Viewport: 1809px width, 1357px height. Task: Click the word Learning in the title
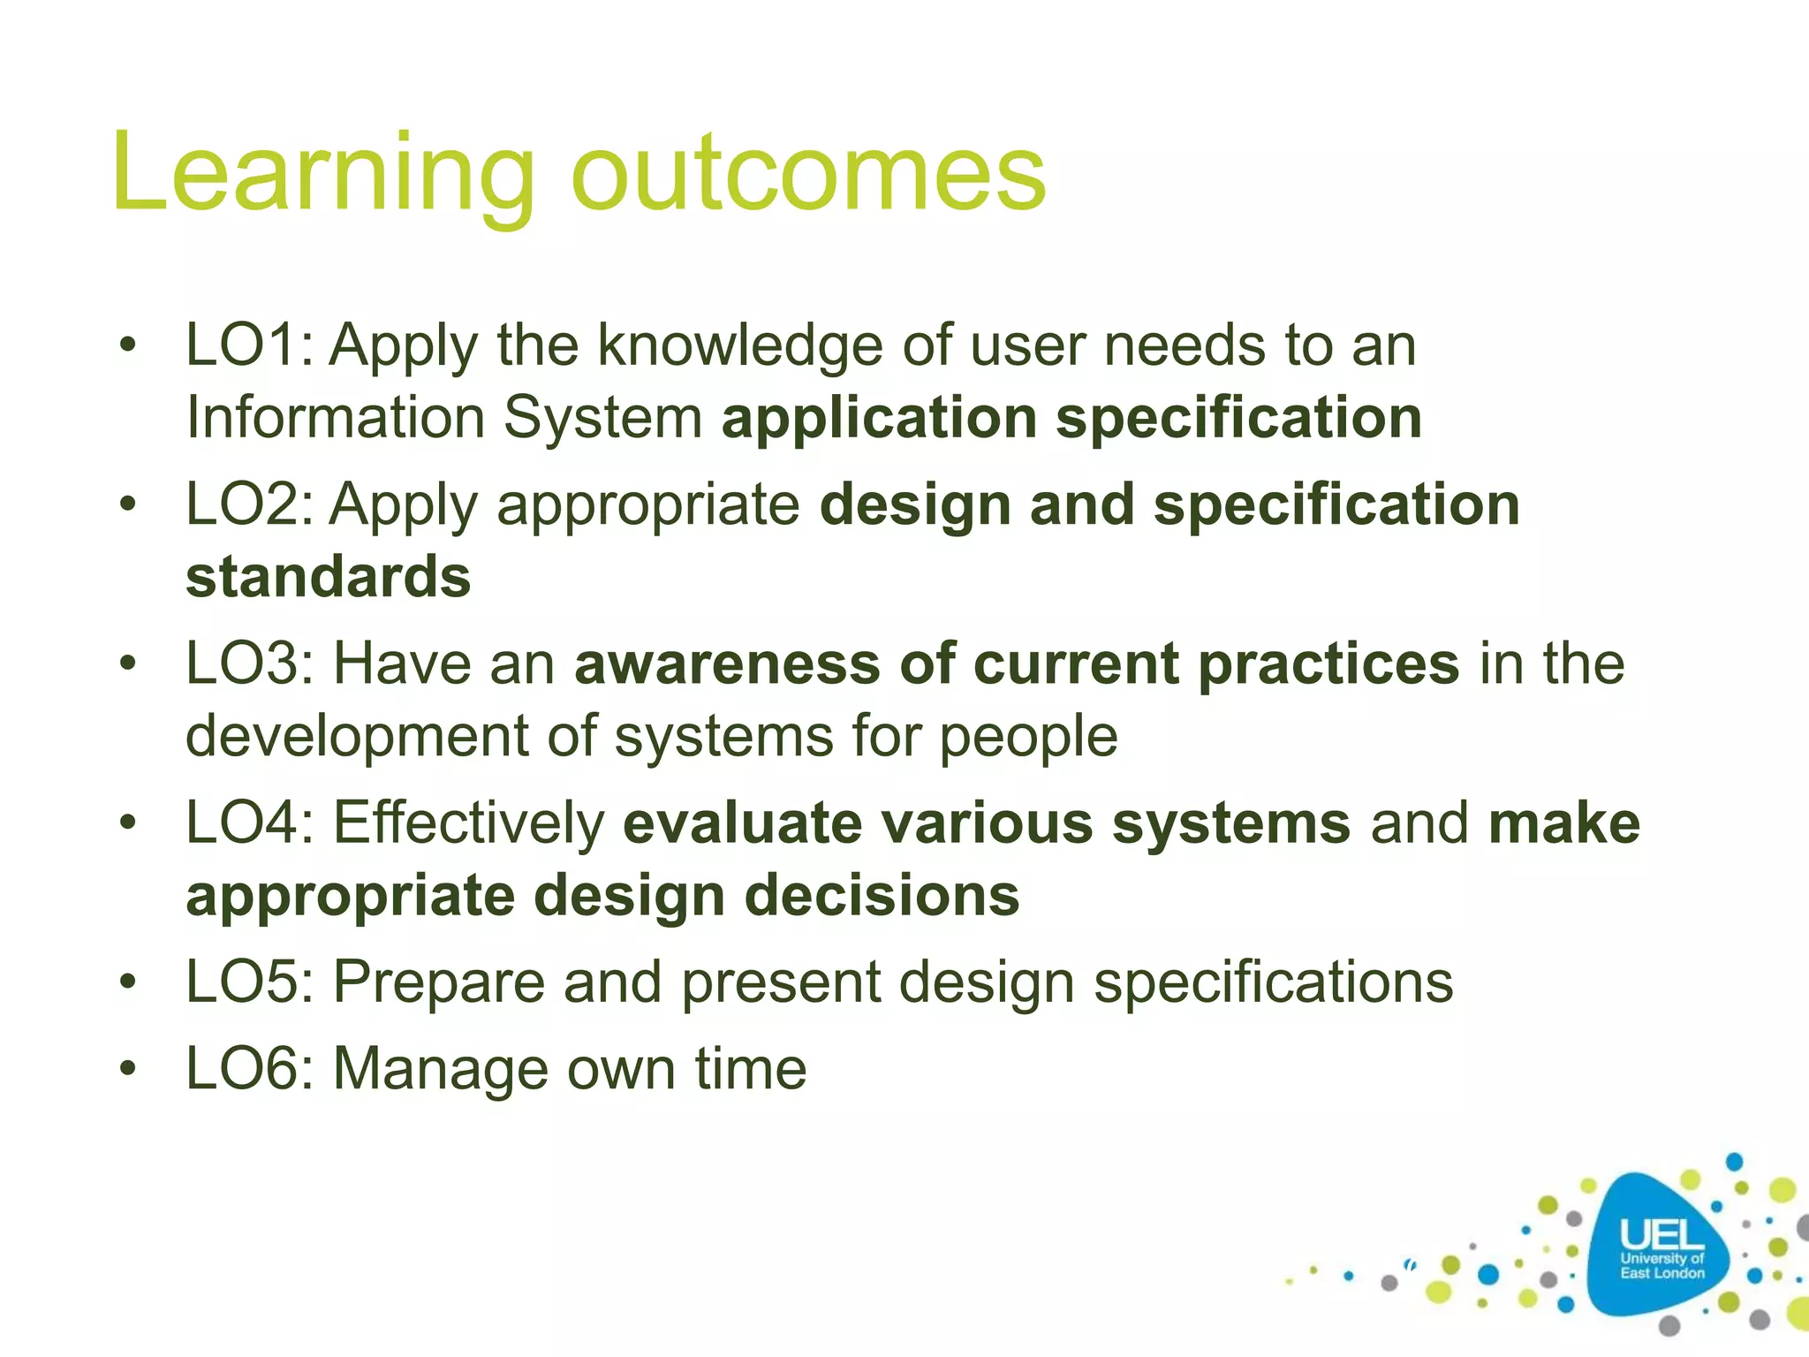322,172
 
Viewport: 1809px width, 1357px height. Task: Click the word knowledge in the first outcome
740,346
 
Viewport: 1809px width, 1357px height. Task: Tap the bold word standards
329,577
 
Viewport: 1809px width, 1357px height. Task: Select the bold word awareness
727,663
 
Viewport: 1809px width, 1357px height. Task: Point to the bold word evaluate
742,823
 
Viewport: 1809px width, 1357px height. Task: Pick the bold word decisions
882,896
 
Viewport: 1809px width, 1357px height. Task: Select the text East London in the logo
1661,1273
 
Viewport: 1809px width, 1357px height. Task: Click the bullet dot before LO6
129,1070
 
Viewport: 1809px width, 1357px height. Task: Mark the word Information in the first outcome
335,417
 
